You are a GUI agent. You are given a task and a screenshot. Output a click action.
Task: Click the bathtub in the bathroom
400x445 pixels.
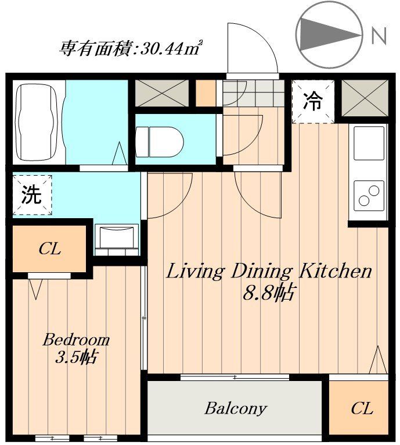point(38,123)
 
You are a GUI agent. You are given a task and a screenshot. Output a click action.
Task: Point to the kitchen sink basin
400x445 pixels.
point(368,143)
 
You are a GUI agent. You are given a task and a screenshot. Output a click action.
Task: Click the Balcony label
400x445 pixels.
point(235,408)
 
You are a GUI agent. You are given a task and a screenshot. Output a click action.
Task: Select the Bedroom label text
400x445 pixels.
point(76,340)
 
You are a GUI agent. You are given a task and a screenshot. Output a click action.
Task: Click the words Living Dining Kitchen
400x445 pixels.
point(269,272)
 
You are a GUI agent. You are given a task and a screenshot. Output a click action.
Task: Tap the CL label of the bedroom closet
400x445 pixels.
point(49,250)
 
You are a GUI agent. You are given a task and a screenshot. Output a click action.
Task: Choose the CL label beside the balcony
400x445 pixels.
point(361,409)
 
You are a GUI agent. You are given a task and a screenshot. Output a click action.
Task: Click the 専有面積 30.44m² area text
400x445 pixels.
point(130,47)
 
